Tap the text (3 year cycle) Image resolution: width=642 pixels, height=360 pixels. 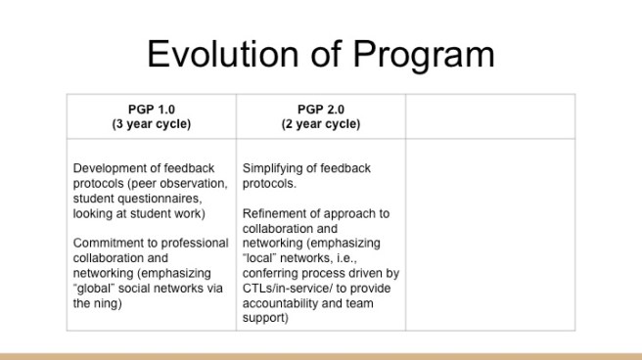click(151, 124)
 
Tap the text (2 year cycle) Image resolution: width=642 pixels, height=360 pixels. click(320, 124)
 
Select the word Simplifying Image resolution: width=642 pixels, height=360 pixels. click(276, 168)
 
